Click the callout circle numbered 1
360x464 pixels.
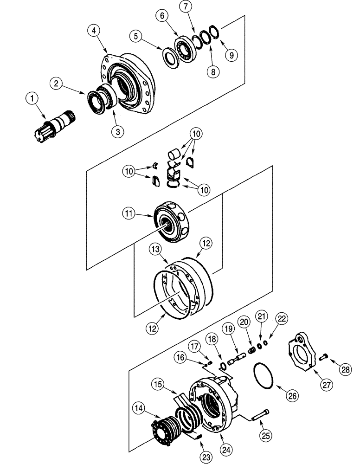[32, 98]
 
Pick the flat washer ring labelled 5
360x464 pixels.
[170, 57]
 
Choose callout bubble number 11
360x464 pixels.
[129, 214]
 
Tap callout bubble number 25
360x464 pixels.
[266, 436]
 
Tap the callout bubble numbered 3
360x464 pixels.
[118, 131]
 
